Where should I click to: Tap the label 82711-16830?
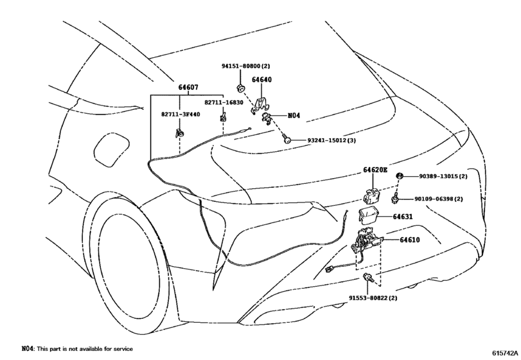tap(224, 102)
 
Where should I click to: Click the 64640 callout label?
tap(261, 80)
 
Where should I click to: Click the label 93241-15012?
tap(331, 139)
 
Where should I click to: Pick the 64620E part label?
tap(375, 170)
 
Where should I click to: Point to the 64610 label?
tap(409, 240)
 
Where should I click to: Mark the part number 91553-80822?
tap(375, 298)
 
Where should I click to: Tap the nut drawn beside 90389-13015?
tap(399, 176)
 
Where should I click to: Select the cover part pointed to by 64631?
tap(368, 215)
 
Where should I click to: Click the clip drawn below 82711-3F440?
tap(178, 133)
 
